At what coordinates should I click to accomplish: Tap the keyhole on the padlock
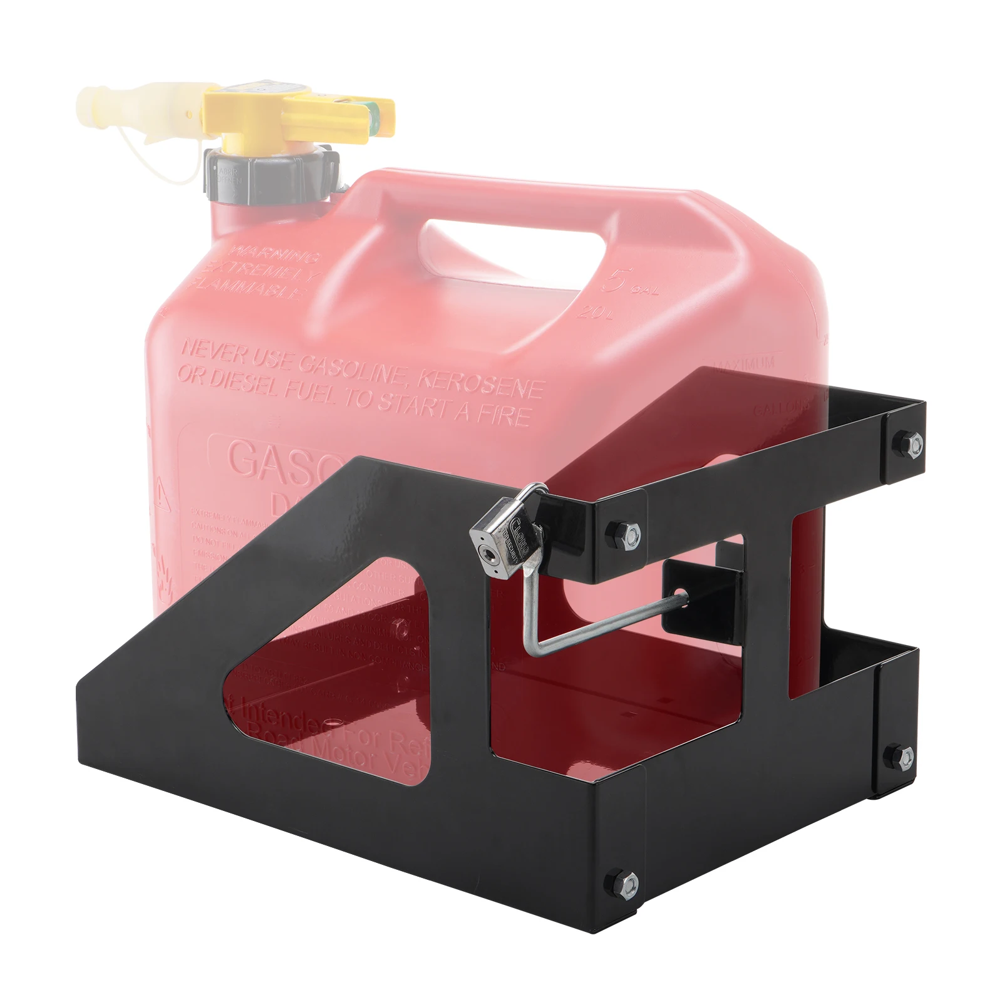[486, 553]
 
